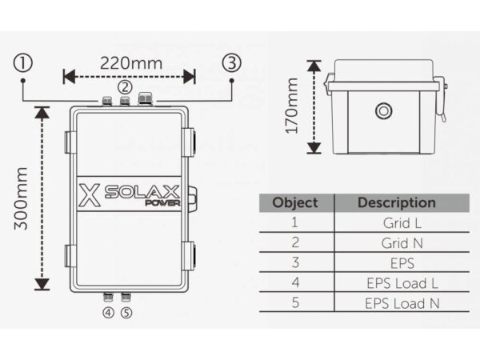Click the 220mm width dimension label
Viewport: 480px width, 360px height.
(130, 61)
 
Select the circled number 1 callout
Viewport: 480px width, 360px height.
(24, 62)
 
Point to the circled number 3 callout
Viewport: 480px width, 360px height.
(230, 62)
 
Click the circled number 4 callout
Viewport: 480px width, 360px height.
(108, 312)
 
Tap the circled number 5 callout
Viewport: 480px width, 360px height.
(126, 312)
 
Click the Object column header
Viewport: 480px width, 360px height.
(294, 202)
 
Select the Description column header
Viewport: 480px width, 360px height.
(396, 202)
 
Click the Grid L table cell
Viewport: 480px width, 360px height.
(396, 223)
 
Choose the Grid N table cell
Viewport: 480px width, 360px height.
(396, 243)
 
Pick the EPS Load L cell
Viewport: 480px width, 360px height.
(396, 283)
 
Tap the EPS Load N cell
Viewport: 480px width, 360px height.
(396, 303)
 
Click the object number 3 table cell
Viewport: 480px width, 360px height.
(294, 263)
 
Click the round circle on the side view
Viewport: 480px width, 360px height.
(385, 110)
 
